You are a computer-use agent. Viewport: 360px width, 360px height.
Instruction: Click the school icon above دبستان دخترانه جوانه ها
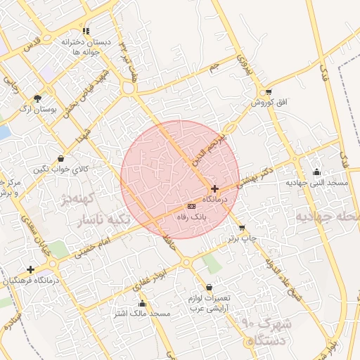(x=86, y=32)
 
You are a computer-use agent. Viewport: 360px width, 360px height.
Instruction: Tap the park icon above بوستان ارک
(x=37, y=98)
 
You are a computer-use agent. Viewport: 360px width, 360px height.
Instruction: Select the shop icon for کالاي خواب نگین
(x=61, y=158)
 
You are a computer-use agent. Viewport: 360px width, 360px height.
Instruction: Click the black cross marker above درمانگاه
(x=214, y=188)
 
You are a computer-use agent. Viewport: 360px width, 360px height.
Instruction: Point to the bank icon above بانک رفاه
(x=191, y=206)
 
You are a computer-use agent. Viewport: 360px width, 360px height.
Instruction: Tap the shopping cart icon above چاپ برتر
(x=243, y=228)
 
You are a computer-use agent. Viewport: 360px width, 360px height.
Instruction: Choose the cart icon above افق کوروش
(x=268, y=92)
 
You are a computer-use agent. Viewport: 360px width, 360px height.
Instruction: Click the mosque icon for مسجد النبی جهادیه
(x=317, y=172)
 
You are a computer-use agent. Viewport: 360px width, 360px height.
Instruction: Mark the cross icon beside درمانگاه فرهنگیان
(x=30, y=269)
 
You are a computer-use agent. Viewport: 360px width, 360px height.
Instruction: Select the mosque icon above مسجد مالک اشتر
(x=143, y=303)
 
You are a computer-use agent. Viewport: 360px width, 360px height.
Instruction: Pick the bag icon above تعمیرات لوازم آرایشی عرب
(x=210, y=287)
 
